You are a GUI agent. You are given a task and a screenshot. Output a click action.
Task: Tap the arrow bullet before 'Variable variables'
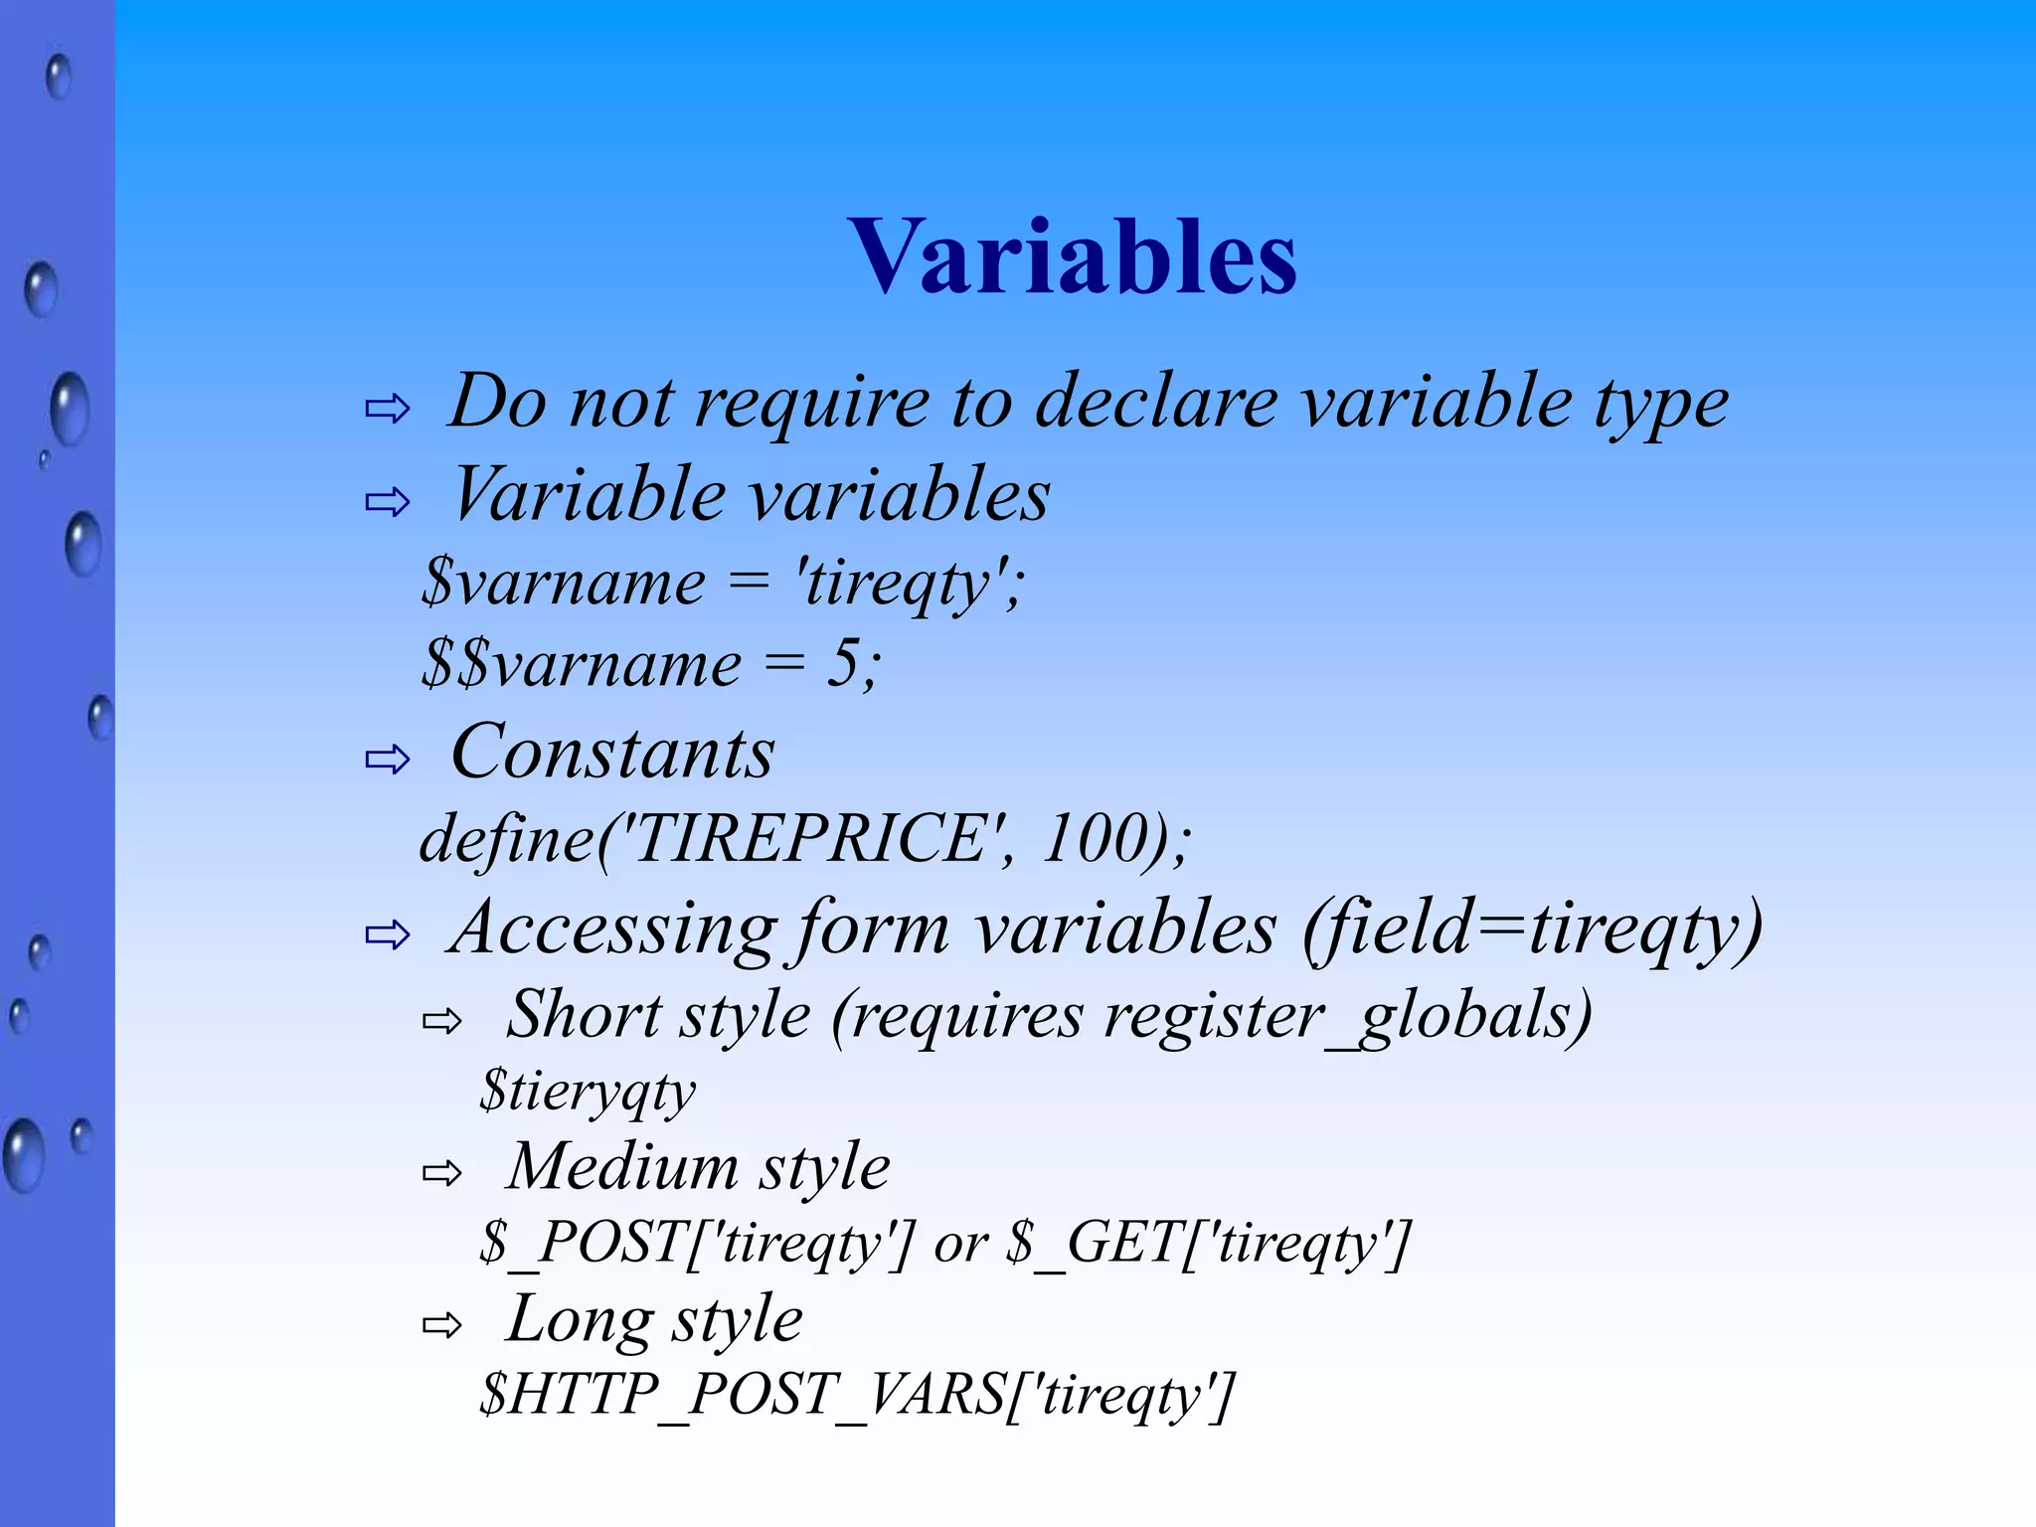click(387, 502)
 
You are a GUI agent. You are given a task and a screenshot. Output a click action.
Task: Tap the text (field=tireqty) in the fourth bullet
click(1532, 928)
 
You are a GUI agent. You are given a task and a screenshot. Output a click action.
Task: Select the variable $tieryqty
click(588, 1092)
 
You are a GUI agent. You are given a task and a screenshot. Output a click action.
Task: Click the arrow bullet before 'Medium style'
click(442, 1173)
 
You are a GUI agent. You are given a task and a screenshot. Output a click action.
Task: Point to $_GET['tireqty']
click(1209, 1243)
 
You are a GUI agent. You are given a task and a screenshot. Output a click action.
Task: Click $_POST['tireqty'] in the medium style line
click(696, 1243)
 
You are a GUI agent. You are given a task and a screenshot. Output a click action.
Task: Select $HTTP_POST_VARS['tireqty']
click(856, 1394)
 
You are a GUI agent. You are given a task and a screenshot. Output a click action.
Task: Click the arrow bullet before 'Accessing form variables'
click(387, 934)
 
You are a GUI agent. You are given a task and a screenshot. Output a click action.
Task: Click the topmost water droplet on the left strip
click(59, 77)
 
